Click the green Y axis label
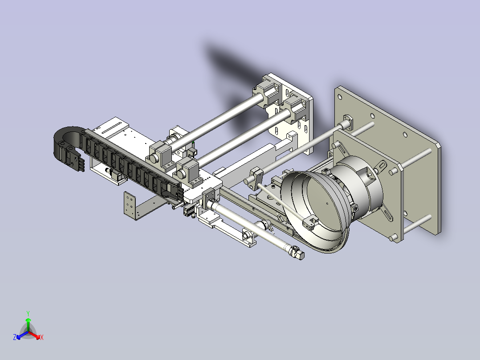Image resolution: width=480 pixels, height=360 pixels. point(28,313)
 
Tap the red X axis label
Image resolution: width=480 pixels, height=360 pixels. point(42,337)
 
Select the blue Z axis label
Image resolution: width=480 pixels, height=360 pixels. point(15,337)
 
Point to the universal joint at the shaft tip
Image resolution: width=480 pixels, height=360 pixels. point(297,253)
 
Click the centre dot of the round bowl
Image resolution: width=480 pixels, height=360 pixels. point(327,204)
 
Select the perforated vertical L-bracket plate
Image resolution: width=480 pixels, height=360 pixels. point(130,205)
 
